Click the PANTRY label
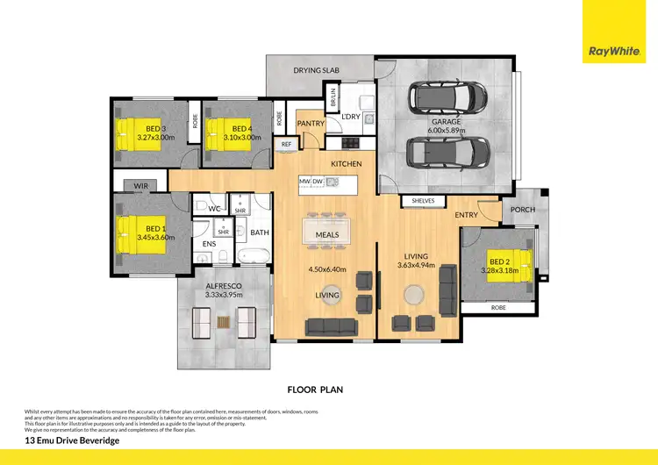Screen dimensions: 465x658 (x=311, y=124)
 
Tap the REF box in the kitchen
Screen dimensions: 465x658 (x=286, y=144)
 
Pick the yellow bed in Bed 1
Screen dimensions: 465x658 (x=132, y=233)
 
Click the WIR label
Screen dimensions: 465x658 (x=140, y=186)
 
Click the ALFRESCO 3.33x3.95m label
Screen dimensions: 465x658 (x=223, y=290)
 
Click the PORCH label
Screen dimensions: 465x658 (x=522, y=209)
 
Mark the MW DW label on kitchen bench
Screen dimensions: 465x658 (x=311, y=182)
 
